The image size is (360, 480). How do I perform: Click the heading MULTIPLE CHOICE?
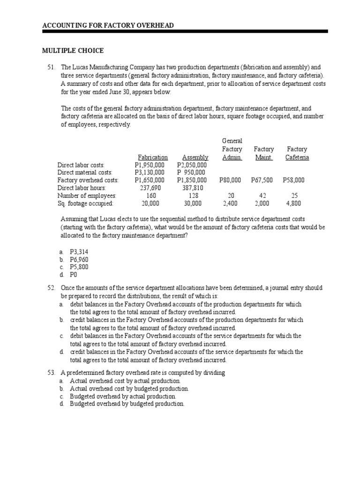pos(73,51)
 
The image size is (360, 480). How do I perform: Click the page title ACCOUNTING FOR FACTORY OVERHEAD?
pos(108,24)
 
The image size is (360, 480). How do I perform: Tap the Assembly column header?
pos(195,157)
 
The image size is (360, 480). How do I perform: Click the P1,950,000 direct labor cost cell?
pos(150,165)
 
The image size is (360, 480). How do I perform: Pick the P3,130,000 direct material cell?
pos(150,172)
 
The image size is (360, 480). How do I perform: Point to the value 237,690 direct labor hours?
pos(150,188)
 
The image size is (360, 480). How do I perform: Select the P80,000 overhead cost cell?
pos(230,180)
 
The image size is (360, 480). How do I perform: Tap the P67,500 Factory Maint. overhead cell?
pos(262,180)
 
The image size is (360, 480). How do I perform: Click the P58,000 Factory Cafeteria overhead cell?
pos(294,180)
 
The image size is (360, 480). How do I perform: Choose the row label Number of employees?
pos(87,195)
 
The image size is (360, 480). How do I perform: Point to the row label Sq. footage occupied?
pos(85,203)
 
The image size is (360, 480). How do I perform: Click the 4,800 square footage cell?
pos(294,203)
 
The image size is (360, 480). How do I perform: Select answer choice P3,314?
pos(79,252)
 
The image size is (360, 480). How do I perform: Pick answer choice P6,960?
pos(79,259)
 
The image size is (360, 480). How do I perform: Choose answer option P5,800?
pos(79,267)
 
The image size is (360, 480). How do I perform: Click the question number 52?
pos(52,287)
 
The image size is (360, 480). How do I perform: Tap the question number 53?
pos(52,373)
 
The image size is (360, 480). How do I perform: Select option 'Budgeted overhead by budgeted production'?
pos(127,404)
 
